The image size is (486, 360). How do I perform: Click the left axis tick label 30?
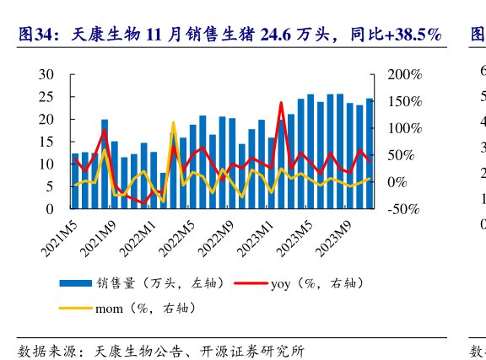(x=47, y=74)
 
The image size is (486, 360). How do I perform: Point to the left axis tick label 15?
(x=47, y=142)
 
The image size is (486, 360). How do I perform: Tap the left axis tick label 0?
(x=51, y=208)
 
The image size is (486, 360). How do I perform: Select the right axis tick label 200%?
(x=405, y=74)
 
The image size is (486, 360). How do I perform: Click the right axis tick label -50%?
(x=405, y=208)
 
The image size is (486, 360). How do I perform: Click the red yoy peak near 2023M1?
(x=281, y=103)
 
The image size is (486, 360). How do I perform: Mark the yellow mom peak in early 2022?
(x=173, y=123)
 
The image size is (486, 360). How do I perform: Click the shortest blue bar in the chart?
(x=163, y=191)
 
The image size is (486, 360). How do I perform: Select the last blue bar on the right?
(x=370, y=153)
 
